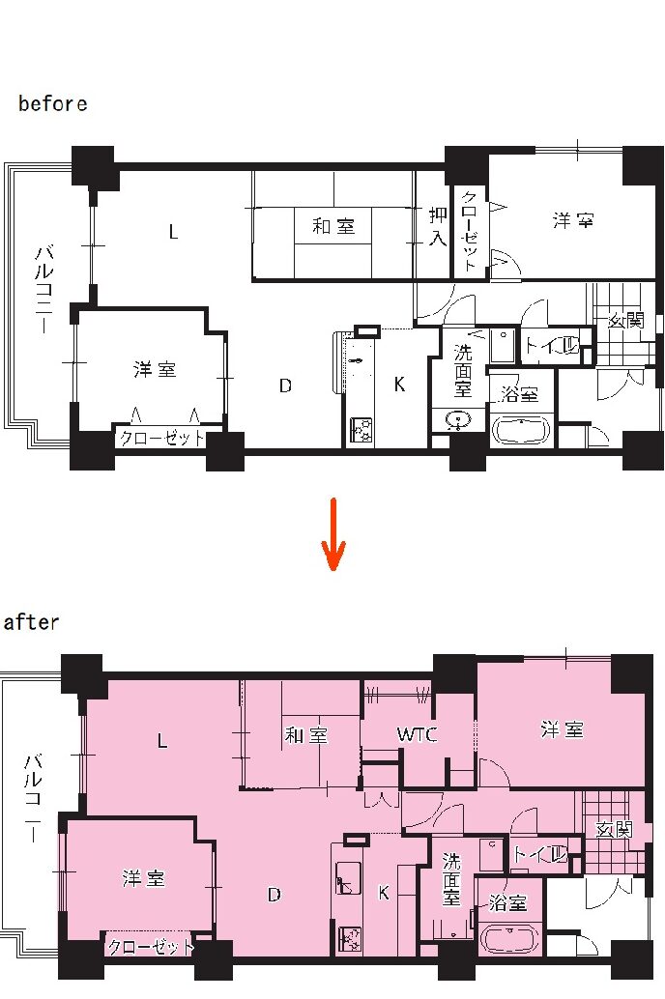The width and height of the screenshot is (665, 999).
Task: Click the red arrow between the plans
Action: [332, 534]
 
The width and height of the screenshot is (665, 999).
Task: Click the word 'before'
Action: [53, 103]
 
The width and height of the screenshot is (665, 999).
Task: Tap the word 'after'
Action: [31, 622]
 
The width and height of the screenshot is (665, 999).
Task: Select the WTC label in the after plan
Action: [417, 734]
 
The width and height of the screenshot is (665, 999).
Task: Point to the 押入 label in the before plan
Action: [438, 227]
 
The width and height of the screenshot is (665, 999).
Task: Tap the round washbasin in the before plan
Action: [458, 420]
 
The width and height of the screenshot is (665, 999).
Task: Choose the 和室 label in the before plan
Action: [333, 225]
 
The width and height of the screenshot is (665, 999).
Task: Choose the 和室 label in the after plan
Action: [306, 735]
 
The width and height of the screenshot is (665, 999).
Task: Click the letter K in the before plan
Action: [399, 385]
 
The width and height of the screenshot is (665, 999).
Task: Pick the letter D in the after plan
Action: [275, 896]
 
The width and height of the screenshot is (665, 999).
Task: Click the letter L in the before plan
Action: [173, 232]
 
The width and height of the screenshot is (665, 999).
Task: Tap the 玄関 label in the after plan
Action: [615, 829]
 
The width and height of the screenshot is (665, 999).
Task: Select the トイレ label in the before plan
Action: [552, 346]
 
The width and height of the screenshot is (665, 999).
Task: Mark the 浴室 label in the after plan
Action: [508, 902]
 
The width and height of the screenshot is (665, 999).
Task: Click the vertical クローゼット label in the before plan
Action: [469, 231]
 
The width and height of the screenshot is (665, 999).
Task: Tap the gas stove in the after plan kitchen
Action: [349, 939]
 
